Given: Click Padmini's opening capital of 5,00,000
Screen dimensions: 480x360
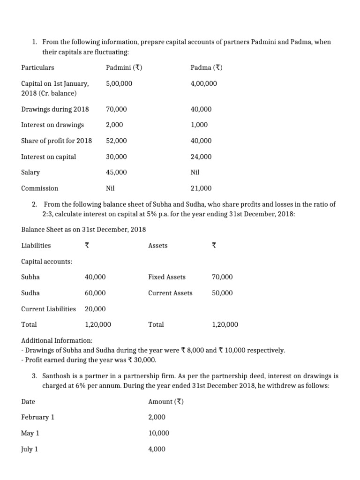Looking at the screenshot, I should (x=119, y=83).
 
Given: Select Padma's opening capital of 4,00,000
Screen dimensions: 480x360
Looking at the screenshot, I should (x=204, y=83).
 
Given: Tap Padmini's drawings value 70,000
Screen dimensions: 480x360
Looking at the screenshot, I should (x=117, y=109).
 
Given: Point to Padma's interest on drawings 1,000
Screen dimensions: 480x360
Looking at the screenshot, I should (x=199, y=125).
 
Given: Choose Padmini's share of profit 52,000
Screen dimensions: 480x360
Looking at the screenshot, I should (x=117, y=141).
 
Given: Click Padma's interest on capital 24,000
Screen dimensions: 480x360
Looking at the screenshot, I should (x=201, y=157).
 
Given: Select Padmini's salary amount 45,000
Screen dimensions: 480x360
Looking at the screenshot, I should (x=117, y=172).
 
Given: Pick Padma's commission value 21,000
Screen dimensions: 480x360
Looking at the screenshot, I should (x=201, y=188).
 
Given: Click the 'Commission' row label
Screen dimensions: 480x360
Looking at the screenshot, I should (x=40, y=188).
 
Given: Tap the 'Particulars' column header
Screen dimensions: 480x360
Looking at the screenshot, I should (x=37, y=67).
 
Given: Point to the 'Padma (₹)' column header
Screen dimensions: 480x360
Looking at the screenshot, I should (x=206, y=67).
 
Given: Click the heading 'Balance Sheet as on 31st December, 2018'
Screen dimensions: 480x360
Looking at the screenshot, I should (x=83, y=229).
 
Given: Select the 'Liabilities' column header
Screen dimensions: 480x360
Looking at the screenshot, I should (x=36, y=245).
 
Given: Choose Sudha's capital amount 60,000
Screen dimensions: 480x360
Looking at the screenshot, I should (x=95, y=293).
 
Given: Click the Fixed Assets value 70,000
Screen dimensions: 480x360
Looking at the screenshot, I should (x=222, y=277).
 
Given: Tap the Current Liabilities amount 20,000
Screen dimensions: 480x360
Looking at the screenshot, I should (x=95, y=309).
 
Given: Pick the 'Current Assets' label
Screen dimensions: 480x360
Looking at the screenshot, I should (x=170, y=293).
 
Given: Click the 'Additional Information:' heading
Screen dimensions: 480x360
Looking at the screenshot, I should (x=57, y=340).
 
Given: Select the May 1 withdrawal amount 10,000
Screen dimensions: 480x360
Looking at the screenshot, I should (x=159, y=433).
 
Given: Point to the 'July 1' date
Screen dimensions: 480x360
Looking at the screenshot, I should (x=30, y=449).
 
